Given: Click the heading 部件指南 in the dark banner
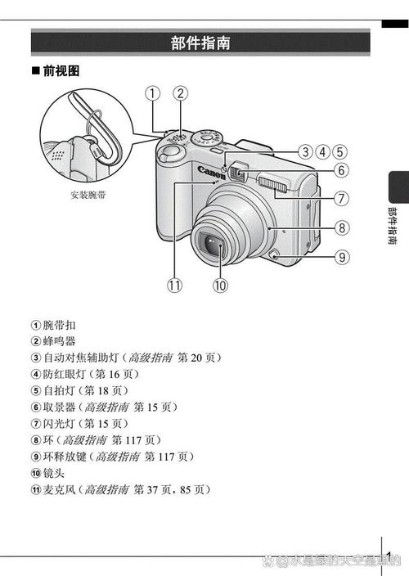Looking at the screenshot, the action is pyautogui.click(x=200, y=43).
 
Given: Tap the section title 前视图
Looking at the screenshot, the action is pyautogui.click(x=61, y=70).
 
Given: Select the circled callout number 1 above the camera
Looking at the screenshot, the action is pyautogui.click(x=153, y=93).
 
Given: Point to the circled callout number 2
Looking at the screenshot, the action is pyautogui.click(x=180, y=93).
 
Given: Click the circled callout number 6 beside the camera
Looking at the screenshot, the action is pyautogui.click(x=341, y=170).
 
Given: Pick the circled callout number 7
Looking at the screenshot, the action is pyautogui.click(x=341, y=198).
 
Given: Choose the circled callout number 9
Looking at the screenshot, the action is pyautogui.click(x=342, y=257).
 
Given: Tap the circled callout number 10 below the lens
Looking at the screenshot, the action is pyautogui.click(x=220, y=285).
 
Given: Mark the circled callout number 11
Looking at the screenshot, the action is pyautogui.click(x=175, y=285).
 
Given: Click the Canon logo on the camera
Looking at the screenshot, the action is pyautogui.click(x=211, y=173).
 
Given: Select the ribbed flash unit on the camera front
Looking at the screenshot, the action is pyautogui.click(x=272, y=183).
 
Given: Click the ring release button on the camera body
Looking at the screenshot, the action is pyautogui.click(x=273, y=254).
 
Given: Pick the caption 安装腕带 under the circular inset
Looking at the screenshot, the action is pyautogui.click(x=88, y=195).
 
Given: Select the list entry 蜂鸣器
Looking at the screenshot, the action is pyautogui.click(x=59, y=341).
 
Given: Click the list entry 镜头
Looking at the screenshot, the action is pyautogui.click(x=54, y=473).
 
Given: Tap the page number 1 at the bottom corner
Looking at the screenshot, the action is pyautogui.click(x=389, y=555).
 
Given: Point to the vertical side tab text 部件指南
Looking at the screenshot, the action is pyautogui.click(x=393, y=226).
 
